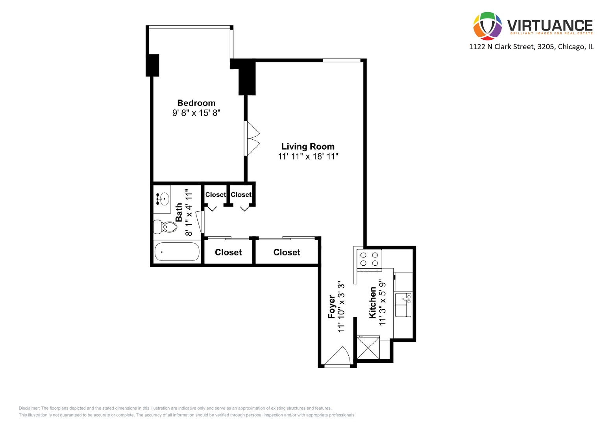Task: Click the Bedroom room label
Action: tap(196, 103)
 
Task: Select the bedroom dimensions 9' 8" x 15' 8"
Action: tap(196, 113)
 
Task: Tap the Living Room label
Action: tap(308, 146)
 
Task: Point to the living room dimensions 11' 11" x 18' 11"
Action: tap(308, 156)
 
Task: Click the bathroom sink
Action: tap(162, 199)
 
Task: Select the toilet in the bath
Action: tap(166, 227)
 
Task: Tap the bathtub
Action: tap(177, 252)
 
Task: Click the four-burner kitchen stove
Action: tap(369, 259)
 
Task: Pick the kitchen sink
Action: tap(403, 305)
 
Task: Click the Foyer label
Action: tap(332, 307)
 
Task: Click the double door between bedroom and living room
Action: tap(252, 139)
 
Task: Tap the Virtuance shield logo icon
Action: tap(487, 26)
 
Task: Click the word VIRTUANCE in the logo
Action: tap(549, 26)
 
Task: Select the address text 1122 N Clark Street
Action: tap(501, 47)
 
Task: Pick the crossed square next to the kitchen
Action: tap(368, 347)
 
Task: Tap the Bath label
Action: tap(179, 213)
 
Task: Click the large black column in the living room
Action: tap(247, 78)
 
